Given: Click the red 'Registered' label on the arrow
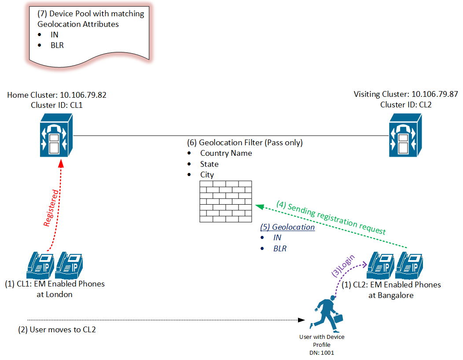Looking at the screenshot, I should (x=51, y=208).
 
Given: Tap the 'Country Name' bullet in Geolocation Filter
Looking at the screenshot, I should (x=226, y=153).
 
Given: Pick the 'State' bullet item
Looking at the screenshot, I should (x=209, y=164).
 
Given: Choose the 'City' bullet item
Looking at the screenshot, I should (x=207, y=175).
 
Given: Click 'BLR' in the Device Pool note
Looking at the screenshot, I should (x=57, y=45).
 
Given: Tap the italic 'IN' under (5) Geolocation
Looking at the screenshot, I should (x=277, y=238).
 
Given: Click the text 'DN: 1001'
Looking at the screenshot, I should (x=322, y=352).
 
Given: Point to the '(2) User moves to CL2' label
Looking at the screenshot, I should (x=57, y=329).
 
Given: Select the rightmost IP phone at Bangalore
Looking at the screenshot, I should (x=409, y=266).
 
